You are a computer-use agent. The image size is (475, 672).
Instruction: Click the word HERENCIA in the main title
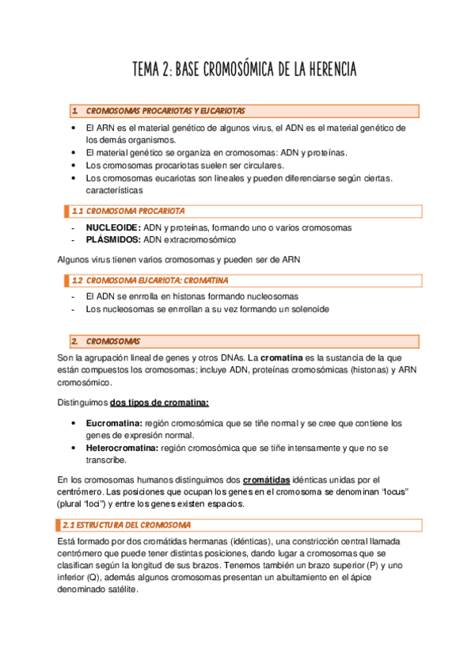point(325,71)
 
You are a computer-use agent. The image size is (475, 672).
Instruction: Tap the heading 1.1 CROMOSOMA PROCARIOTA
point(135,212)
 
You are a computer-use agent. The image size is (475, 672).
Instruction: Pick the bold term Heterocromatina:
point(122,448)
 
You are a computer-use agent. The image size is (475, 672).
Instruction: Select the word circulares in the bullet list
point(257,165)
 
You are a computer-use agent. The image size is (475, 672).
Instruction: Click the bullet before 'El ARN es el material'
point(73,128)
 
